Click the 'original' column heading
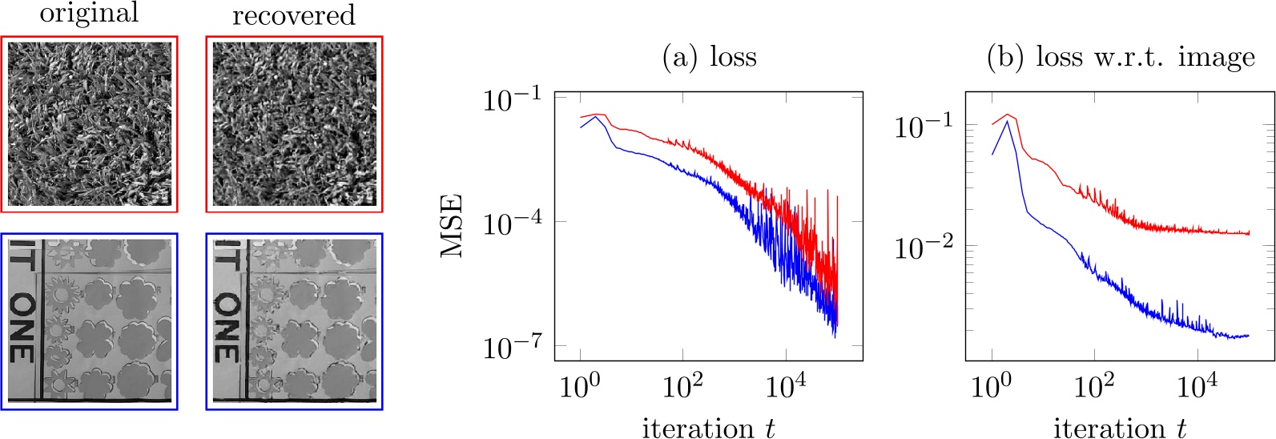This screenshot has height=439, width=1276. pyautogui.click(x=89, y=14)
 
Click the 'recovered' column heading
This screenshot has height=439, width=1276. pyautogui.click(x=293, y=15)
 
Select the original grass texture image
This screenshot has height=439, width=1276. pyautogui.click(x=89, y=124)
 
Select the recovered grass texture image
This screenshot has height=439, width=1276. pyautogui.click(x=294, y=124)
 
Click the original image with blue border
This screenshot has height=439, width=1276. pyautogui.click(x=89, y=321)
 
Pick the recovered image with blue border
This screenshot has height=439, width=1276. pyautogui.click(x=294, y=321)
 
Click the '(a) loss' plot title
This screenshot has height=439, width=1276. pyautogui.click(x=709, y=58)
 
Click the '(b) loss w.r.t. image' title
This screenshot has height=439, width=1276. pyautogui.click(x=1121, y=58)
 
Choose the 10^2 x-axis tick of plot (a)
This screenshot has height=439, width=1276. pyautogui.click(x=683, y=386)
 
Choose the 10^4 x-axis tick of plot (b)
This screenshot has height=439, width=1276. pyautogui.click(x=1197, y=386)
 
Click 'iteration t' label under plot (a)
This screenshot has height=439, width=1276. pyautogui.click(x=709, y=428)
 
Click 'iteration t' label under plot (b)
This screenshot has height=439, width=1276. pyautogui.click(x=1120, y=428)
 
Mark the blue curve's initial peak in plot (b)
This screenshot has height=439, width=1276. pyautogui.click(x=1007, y=121)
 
